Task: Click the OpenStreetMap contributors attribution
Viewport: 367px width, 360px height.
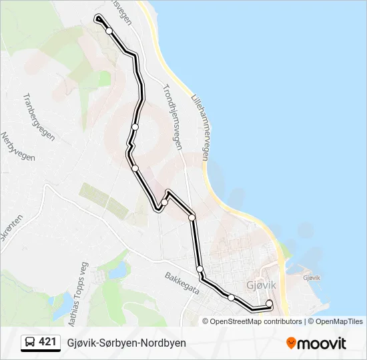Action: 256,321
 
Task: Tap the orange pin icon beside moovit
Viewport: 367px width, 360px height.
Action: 292,343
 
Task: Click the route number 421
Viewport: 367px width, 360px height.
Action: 47,342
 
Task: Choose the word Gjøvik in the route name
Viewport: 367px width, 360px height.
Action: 82,343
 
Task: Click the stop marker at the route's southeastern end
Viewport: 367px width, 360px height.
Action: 270,304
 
